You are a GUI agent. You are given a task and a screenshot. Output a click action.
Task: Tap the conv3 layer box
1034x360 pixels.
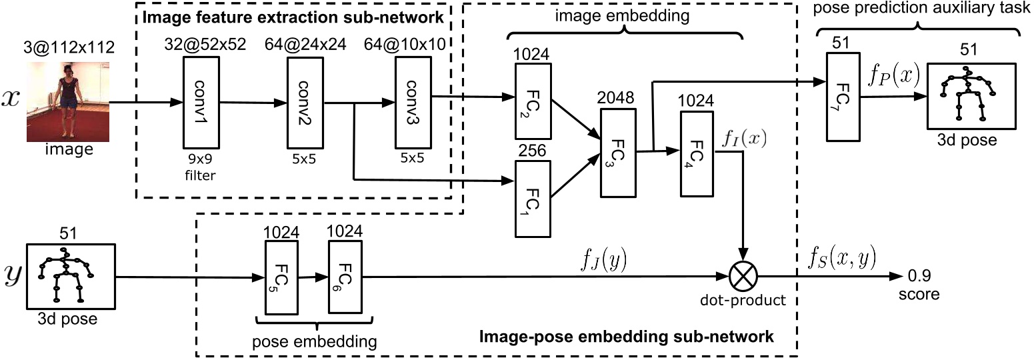click(x=413, y=102)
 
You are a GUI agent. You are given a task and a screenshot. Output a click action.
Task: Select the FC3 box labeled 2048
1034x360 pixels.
click(x=619, y=153)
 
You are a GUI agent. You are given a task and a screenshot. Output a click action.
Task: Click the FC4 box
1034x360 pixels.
click(x=697, y=153)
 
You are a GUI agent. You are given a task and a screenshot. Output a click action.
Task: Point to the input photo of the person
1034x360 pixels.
click(x=67, y=100)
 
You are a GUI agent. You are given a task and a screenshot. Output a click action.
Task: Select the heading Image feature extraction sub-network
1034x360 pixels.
click(x=291, y=15)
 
